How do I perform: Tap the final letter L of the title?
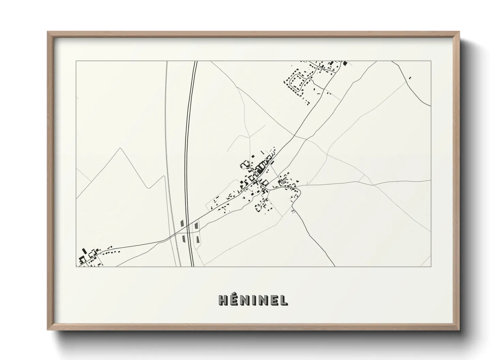[x=284, y=300]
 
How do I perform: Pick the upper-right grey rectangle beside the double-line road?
[x=196, y=225]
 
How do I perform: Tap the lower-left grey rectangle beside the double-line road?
[x=184, y=239]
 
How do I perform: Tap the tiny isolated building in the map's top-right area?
[x=410, y=78]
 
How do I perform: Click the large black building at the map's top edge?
[x=345, y=63]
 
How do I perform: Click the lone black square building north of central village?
[x=253, y=156]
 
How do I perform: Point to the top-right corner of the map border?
[x=431, y=61]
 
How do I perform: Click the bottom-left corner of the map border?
[x=76, y=266]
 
